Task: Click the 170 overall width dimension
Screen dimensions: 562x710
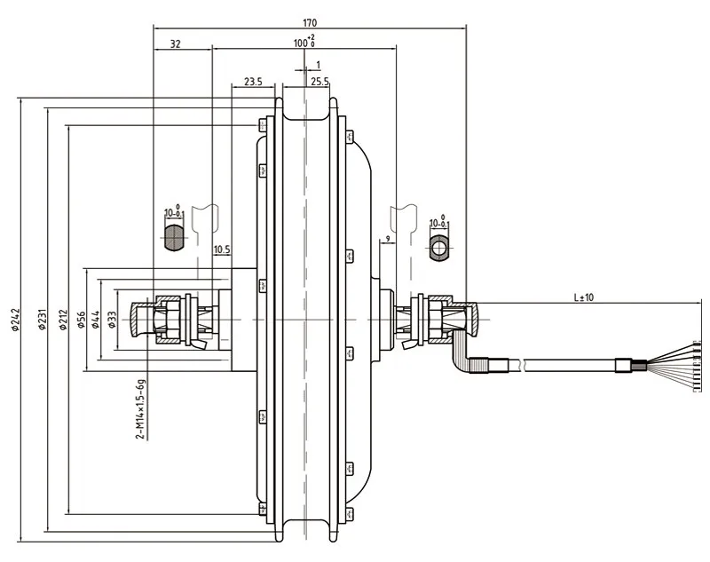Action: [309, 23]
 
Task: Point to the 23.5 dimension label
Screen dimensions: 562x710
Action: [252, 82]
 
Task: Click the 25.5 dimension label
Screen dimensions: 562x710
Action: [320, 82]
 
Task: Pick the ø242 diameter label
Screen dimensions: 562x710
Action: [15, 321]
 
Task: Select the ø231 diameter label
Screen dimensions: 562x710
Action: [40, 321]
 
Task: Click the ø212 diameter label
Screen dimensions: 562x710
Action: [63, 321]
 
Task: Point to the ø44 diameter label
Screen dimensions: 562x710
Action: [97, 321]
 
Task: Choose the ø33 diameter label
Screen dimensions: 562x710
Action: [112, 321]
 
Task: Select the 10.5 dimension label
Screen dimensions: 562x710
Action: [222, 249]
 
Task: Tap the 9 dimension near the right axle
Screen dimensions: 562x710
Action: [387, 240]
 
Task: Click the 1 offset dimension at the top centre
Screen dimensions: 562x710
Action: [317, 65]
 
